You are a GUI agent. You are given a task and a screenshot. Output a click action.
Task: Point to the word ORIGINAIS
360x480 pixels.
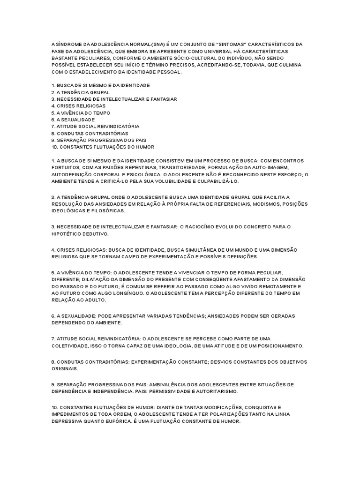65,369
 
